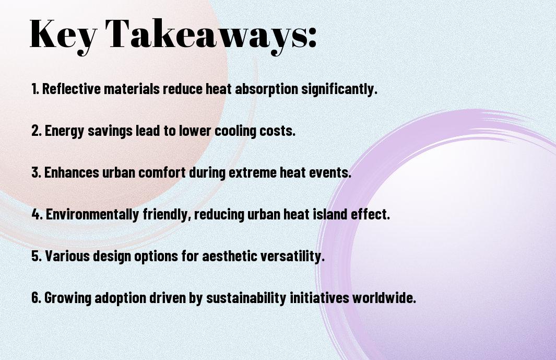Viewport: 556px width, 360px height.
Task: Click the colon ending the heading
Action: [312, 38]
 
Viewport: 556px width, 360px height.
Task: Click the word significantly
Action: [339, 89]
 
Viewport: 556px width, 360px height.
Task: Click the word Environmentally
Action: [92, 214]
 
